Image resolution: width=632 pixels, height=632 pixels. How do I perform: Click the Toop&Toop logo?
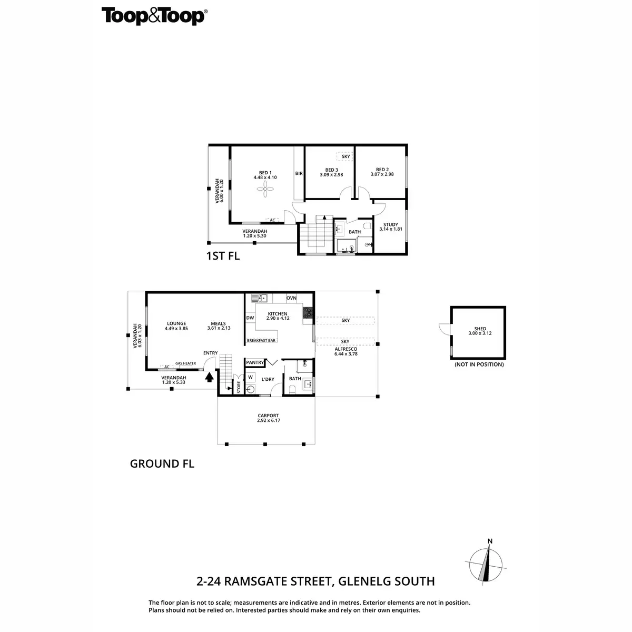click(153, 16)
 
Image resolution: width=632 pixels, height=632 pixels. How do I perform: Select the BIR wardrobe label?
click(299, 173)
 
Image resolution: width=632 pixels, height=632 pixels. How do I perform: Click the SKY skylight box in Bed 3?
click(345, 156)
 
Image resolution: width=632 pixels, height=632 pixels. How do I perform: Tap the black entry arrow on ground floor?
click(209, 377)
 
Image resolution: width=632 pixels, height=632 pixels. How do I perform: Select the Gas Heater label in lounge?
click(185, 363)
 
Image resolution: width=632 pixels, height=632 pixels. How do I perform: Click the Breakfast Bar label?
click(261, 341)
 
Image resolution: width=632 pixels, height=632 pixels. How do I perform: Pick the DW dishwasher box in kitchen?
click(250, 318)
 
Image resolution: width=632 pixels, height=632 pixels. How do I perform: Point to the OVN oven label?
click(291, 298)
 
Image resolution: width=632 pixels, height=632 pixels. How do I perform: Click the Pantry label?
click(255, 362)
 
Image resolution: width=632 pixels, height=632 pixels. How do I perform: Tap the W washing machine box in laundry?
click(251, 377)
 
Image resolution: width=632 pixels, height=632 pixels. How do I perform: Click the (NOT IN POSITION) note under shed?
click(479, 364)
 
